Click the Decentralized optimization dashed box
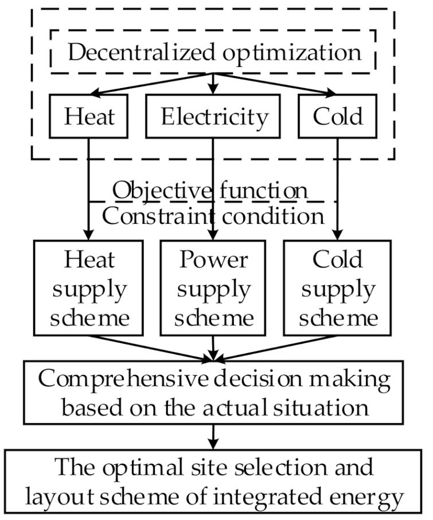point(213,52)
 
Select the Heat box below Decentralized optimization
point(89,116)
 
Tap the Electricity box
point(214,116)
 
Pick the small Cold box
point(338,116)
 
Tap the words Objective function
point(210,190)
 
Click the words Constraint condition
point(210,216)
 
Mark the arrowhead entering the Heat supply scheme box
point(89,235)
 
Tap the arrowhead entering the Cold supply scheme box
point(338,235)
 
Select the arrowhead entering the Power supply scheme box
point(214,235)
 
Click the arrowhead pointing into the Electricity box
point(214,90)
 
